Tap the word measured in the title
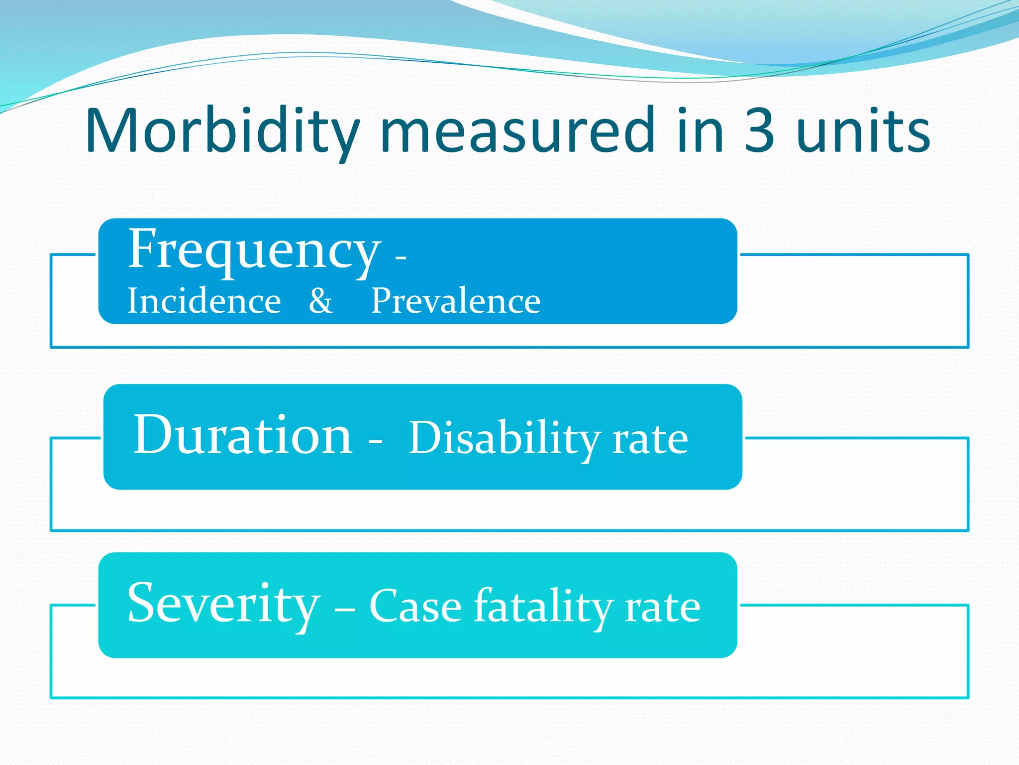(517, 130)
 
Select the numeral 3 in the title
(759, 130)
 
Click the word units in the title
(863, 130)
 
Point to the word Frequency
(254, 249)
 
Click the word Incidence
(204, 301)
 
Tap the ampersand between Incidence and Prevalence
(320, 301)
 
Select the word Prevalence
(456, 301)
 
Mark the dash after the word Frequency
(401, 258)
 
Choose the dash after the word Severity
(345, 609)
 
